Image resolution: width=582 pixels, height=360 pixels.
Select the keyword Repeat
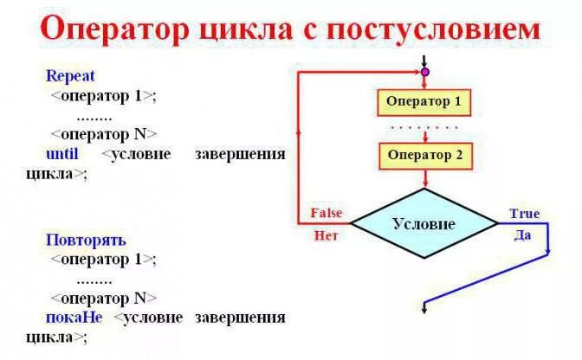[70, 76]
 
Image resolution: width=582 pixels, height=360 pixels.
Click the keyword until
[61, 153]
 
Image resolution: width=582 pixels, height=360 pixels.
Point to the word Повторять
[86, 240]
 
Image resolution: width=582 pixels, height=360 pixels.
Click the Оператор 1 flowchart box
[424, 102]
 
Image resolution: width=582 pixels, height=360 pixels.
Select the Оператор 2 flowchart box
[424, 156]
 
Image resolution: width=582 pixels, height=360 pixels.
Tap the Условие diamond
[424, 223]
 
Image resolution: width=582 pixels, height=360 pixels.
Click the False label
[327, 213]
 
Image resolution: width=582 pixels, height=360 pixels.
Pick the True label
[524, 214]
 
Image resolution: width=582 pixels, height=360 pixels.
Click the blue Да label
[522, 235]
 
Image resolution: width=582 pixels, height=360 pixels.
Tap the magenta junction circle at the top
[424, 72]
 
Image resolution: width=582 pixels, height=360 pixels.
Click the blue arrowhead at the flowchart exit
[424, 307]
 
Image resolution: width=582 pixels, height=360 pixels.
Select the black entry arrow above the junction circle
[424, 61]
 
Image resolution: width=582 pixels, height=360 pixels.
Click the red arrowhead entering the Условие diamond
[424, 182]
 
